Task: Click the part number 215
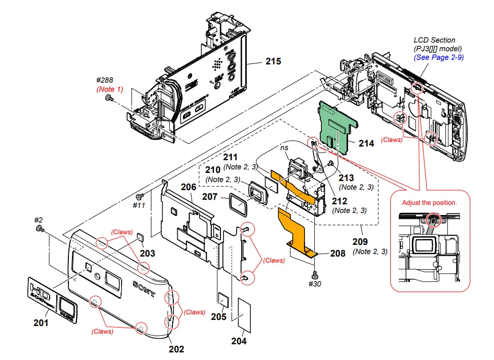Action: point(273,62)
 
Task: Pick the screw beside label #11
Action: point(139,195)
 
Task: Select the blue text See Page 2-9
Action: point(438,58)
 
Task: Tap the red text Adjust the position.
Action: point(429,202)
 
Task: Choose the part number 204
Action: point(239,341)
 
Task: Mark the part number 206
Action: point(188,188)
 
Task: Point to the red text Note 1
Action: point(109,89)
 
